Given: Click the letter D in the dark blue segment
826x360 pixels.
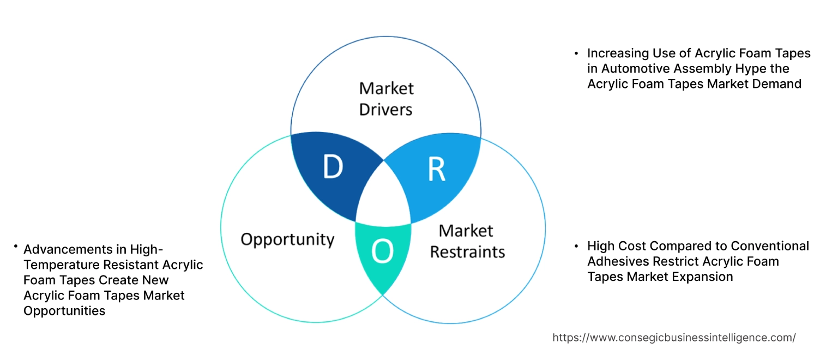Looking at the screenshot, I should [x=333, y=167].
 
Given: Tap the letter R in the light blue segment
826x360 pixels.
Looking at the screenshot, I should [x=436, y=170].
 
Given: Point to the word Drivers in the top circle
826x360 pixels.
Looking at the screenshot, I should [x=386, y=109].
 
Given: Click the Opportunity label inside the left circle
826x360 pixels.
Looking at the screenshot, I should [x=287, y=239].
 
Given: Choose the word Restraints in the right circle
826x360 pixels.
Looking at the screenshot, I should [x=467, y=252].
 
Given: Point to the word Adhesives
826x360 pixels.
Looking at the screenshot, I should [x=616, y=261].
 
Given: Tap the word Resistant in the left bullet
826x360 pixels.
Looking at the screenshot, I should [x=133, y=265].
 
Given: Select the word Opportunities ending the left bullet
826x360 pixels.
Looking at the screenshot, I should [x=64, y=311].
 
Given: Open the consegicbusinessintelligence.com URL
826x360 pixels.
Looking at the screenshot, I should [x=674, y=338].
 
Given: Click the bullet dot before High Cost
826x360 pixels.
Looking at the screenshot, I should [x=576, y=246].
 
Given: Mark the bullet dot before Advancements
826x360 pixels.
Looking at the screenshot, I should [x=16, y=247].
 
